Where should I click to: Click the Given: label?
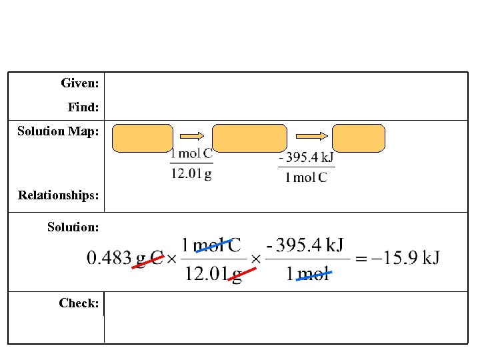80,83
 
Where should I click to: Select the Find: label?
83,107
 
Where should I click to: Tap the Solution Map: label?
58,131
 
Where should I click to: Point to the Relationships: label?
59,195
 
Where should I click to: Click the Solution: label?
73,227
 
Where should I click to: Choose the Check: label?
79,303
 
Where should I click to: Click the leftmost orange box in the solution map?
142,138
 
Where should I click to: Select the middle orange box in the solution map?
249,138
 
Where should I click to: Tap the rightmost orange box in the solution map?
359,138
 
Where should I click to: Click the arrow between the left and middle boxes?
193,136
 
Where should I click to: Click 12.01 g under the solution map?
191,175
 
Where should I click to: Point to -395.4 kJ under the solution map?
306,158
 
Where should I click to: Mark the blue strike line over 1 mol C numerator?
215,245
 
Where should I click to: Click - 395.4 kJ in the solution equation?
305,245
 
